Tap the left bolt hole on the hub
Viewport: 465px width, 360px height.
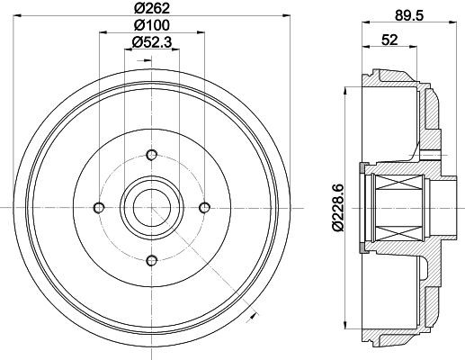99,208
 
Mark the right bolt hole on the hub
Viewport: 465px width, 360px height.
204,208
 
